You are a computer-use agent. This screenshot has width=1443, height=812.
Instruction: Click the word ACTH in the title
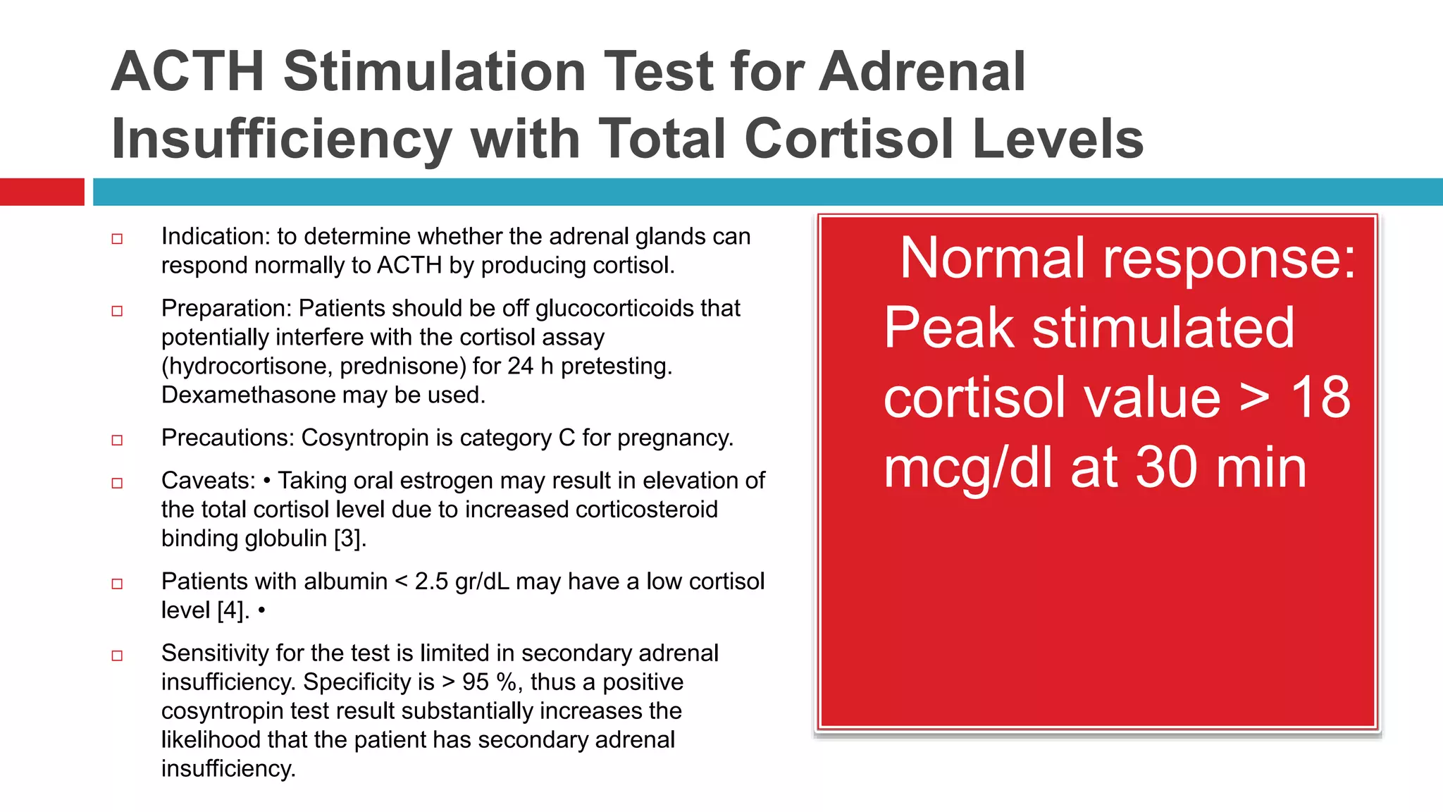pyautogui.click(x=187, y=72)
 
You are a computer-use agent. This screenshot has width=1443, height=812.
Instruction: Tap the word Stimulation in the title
pyautogui.click(x=435, y=72)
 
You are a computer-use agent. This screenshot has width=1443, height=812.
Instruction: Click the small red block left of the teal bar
pyautogui.click(x=42, y=192)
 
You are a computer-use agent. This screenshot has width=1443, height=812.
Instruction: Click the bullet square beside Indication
pyautogui.click(x=117, y=239)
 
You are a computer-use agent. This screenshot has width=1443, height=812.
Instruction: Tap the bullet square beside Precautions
pyautogui.click(x=117, y=441)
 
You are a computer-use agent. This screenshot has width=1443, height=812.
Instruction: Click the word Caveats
pyautogui.click(x=208, y=481)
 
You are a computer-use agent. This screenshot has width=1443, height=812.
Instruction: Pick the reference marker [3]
pyautogui.click(x=349, y=539)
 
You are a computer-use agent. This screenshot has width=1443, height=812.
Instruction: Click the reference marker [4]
pyautogui.click(x=233, y=610)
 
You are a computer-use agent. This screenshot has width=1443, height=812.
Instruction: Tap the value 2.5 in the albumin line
pyautogui.click(x=431, y=582)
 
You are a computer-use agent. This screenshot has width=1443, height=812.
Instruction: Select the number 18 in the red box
pyautogui.click(x=1320, y=398)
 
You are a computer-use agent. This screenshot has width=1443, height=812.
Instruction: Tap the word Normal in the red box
pyautogui.click(x=992, y=259)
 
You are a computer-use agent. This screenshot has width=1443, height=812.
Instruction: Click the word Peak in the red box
pyautogui.click(x=948, y=328)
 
